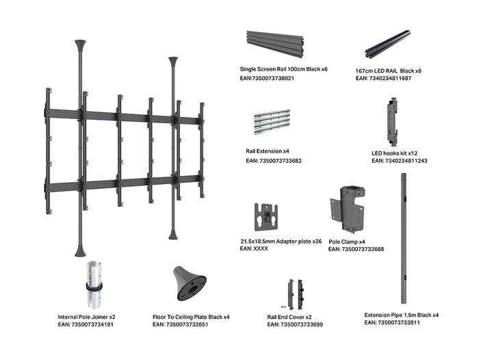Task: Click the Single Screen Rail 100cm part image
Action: point(275,44)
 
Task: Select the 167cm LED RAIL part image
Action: point(388,44)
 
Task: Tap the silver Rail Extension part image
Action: point(272,123)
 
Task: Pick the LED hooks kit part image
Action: point(393,121)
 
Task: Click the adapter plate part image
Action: point(266,217)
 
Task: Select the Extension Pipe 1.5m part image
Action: point(404,238)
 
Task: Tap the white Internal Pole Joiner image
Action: point(94,285)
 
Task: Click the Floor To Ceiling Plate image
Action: point(190,283)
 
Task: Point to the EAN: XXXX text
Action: point(254,248)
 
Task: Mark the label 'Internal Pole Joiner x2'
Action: point(86,317)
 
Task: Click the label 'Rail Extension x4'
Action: point(268,151)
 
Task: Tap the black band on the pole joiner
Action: point(94,287)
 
